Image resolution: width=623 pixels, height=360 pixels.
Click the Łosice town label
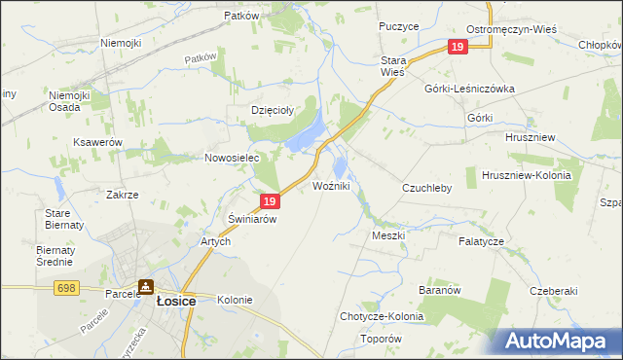(x=176, y=302)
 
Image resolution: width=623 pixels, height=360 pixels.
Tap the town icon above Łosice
(x=146, y=287)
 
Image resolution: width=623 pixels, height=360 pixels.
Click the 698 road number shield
(x=66, y=289)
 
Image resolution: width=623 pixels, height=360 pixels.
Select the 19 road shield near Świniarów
(x=271, y=201)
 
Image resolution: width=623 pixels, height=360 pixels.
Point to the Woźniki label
(x=332, y=185)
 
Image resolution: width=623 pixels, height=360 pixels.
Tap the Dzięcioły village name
(x=273, y=111)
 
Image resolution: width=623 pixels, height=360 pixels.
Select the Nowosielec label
(x=230, y=158)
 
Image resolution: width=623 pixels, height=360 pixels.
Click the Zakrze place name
(x=123, y=195)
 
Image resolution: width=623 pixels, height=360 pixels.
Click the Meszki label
(x=388, y=235)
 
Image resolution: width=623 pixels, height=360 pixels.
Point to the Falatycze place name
(x=482, y=240)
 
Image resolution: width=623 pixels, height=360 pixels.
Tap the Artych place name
(x=215, y=242)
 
